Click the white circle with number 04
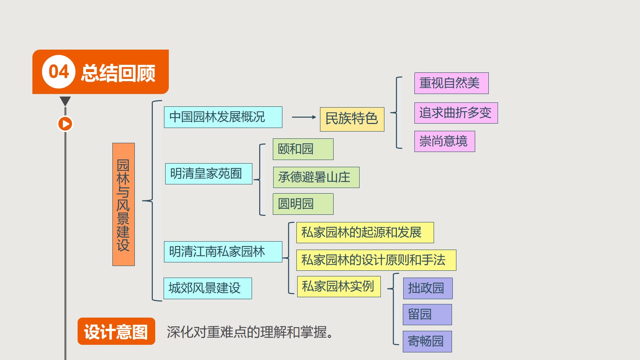[x=58, y=72]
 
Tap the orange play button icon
[x=65, y=124]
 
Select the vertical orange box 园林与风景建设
[x=124, y=204]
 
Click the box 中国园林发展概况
[x=223, y=117]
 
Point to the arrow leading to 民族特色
[x=304, y=117]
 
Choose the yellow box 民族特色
[x=352, y=119]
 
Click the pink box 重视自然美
[x=452, y=83]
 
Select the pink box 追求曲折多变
[x=456, y=113]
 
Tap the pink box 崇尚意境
[x=444, y=142]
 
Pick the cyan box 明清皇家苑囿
[x=208, y=174]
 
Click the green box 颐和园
[x=303, y=149]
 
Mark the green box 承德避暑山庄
[x=316, y=178]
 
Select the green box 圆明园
[x=303, y=204]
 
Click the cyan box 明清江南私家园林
[x=223, y=252]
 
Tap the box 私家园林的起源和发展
[x=365, y=232]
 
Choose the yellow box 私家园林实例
[x=339, y=286]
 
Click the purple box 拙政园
[x=428, y=288]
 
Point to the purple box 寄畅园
[x=427, y=342]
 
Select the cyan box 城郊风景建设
[x=208, y=288]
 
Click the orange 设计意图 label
[x=116, y=331]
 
